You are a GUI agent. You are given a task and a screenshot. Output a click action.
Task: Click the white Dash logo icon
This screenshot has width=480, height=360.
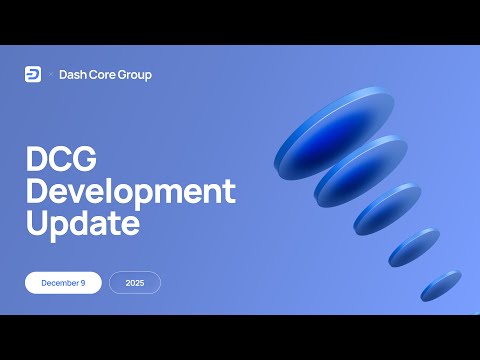[x=33, y=74]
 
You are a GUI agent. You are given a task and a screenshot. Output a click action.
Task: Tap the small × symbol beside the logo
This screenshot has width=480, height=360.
[x=49, y=75]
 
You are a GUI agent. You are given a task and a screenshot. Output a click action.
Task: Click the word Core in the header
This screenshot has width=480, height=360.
[x=104, y=75]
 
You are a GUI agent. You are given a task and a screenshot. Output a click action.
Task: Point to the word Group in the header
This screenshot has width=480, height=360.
[x=136, y=75]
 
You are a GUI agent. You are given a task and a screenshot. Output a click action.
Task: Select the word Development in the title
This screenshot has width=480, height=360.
[x=130, y=192]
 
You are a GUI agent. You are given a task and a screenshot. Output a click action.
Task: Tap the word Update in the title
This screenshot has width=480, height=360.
[x=82, y=224]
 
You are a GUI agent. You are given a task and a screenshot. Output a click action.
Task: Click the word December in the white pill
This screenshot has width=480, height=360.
[x=60, y=283]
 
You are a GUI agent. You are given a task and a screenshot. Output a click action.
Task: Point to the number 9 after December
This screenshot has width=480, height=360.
[x=85, y=283]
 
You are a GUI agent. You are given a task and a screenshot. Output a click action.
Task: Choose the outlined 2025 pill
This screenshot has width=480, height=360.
[x=135, y=283]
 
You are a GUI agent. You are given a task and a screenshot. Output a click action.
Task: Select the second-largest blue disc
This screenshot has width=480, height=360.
[x=360, y=171]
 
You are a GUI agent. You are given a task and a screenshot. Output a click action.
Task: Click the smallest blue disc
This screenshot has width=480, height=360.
[x=440, y=285]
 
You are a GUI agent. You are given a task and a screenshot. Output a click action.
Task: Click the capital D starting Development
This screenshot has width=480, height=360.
[x=36, y=192]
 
